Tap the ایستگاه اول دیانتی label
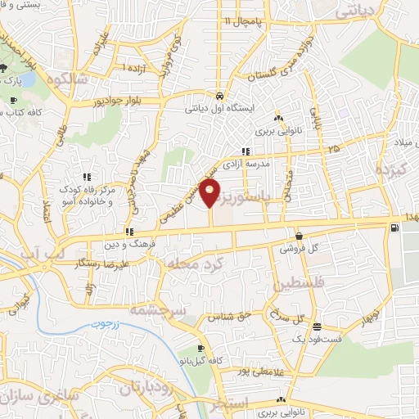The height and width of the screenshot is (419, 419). pyautogui.click(x=224, y=107)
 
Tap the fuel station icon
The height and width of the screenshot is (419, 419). pyautogui.click(x=397, y=228)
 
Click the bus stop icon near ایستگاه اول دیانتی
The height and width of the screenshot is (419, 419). pyautogui.click(x=219, y=94)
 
